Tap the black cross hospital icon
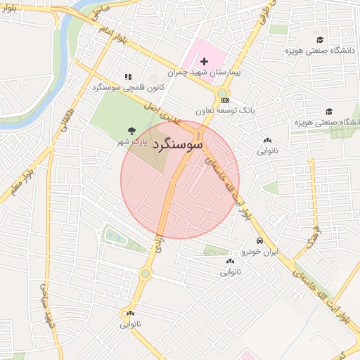click(x=205, y=62)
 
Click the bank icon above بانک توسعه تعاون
click(x=224, y=101)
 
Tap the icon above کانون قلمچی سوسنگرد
click(x=127, y=77)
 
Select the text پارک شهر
click(x=131, y=141)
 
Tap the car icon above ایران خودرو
click(x=261, y=240)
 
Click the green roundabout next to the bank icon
click(x=223, y=93)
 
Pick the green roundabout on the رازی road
click(x=146, y=273)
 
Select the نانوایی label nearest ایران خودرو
click(x=230, y=271)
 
